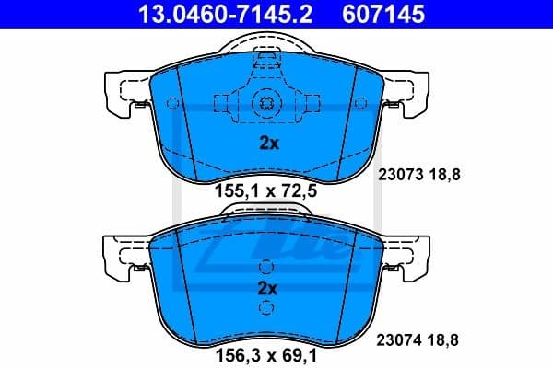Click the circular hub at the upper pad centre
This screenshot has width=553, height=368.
click(265, 103)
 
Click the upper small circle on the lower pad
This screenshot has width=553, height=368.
click(265, 267)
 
